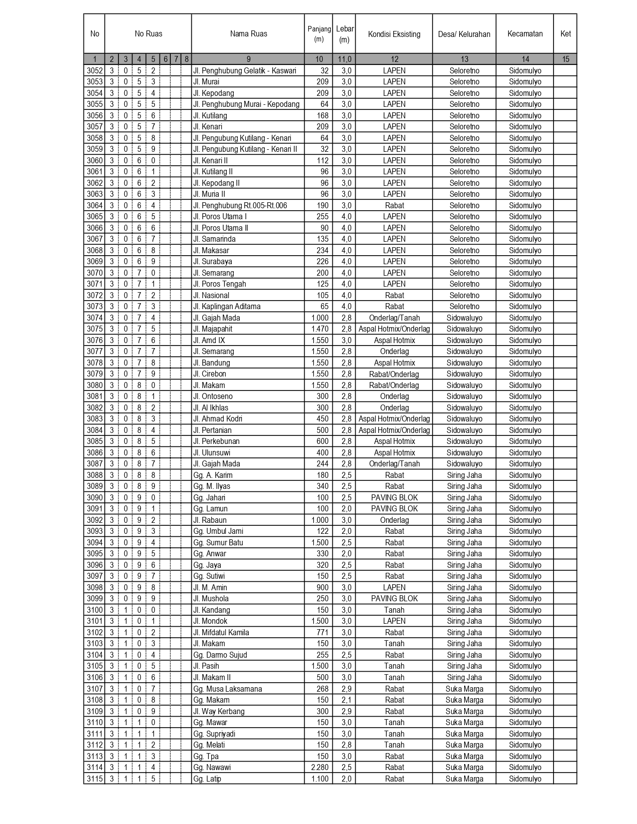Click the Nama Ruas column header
click(x=248, y=34)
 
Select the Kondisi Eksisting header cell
click(x=394, y=34)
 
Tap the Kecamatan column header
click(x=525, y=33)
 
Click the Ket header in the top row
click(x=565, y=33)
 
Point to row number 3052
click(x=94, y=71)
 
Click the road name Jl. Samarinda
click(x=214, y=239)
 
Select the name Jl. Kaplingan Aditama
click(x=227, y=307)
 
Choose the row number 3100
click(x=94, y=610)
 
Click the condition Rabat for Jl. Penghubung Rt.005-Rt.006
click(x=394, y=206)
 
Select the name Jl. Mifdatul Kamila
click(x=221, y=633)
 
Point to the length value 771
click(x=323, y=633)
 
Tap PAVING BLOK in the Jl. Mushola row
click(x=394, y=599)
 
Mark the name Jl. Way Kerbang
click(x=219, y=712)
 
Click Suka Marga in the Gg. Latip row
click(x=464, y=779)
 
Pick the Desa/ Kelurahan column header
click(x=464, y=34)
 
